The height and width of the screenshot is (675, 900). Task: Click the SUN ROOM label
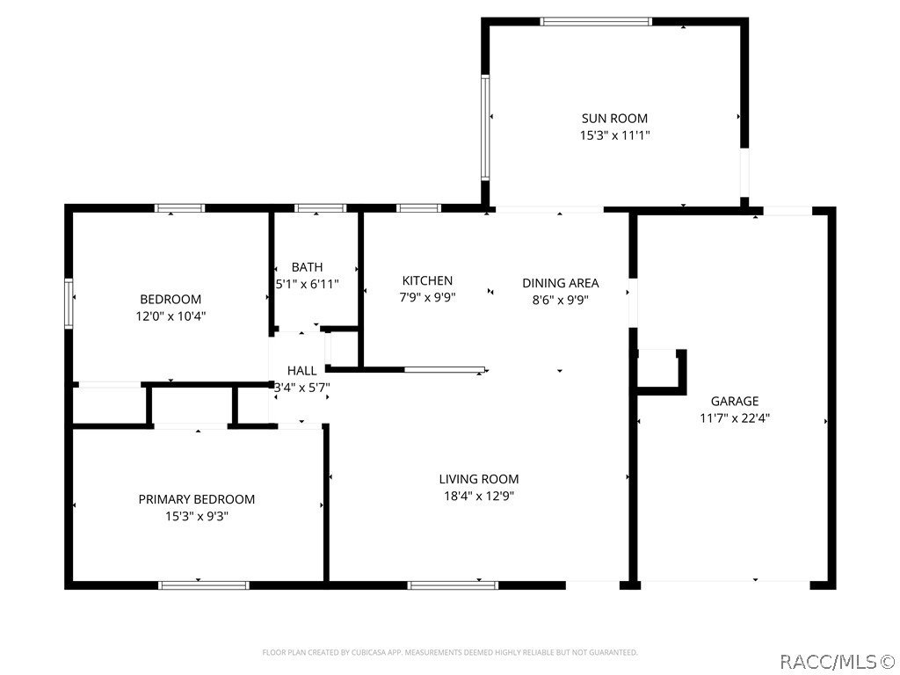[x=614, y=119]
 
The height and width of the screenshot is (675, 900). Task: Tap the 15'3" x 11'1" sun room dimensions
[x=614, y=136]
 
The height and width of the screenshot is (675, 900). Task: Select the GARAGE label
[x=734, y=402]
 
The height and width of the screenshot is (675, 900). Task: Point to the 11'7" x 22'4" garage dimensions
[x=734, y=419]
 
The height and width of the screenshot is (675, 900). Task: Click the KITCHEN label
[x=427, y=281]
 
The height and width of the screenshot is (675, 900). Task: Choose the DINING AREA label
[x=560, y=283]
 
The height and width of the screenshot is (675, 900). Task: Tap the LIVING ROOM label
[x=478, y=479]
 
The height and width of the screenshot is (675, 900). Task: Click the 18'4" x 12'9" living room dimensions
[x=478, y=497]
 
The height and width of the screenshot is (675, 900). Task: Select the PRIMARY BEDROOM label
[x=197, y=499]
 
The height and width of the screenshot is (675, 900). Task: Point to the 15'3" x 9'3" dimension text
[x=197, y=517]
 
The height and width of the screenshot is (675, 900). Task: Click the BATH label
[x=307, y=267]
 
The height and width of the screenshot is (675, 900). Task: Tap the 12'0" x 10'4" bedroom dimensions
[x=171, y=316]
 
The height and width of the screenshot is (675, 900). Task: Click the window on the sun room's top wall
[x=596, y=21]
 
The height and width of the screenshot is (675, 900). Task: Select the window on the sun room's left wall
[x=484, y=127]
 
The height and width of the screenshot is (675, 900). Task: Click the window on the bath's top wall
[x=320, y=208]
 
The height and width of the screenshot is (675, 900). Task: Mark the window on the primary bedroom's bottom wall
[x=203, y=584]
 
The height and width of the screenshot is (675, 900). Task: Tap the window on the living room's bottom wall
[x=453, y=584]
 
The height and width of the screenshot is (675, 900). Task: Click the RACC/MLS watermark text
[x=837, y=659]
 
